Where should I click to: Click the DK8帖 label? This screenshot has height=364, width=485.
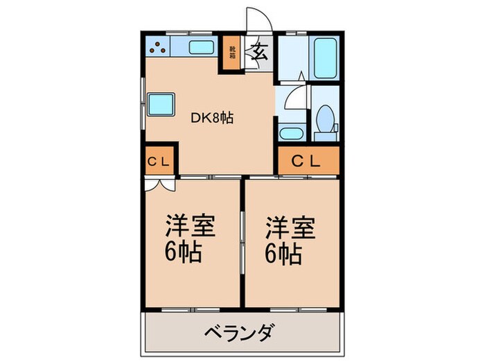pos(212,118)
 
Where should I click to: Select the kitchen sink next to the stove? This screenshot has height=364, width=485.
pos(202,49)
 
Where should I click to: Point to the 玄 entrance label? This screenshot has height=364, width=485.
pos(258,53)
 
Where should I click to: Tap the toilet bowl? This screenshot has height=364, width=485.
pos(323,118)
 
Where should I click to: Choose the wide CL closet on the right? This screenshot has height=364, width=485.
pos(308,162)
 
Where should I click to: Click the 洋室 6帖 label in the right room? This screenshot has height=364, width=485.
pos(290,240)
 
